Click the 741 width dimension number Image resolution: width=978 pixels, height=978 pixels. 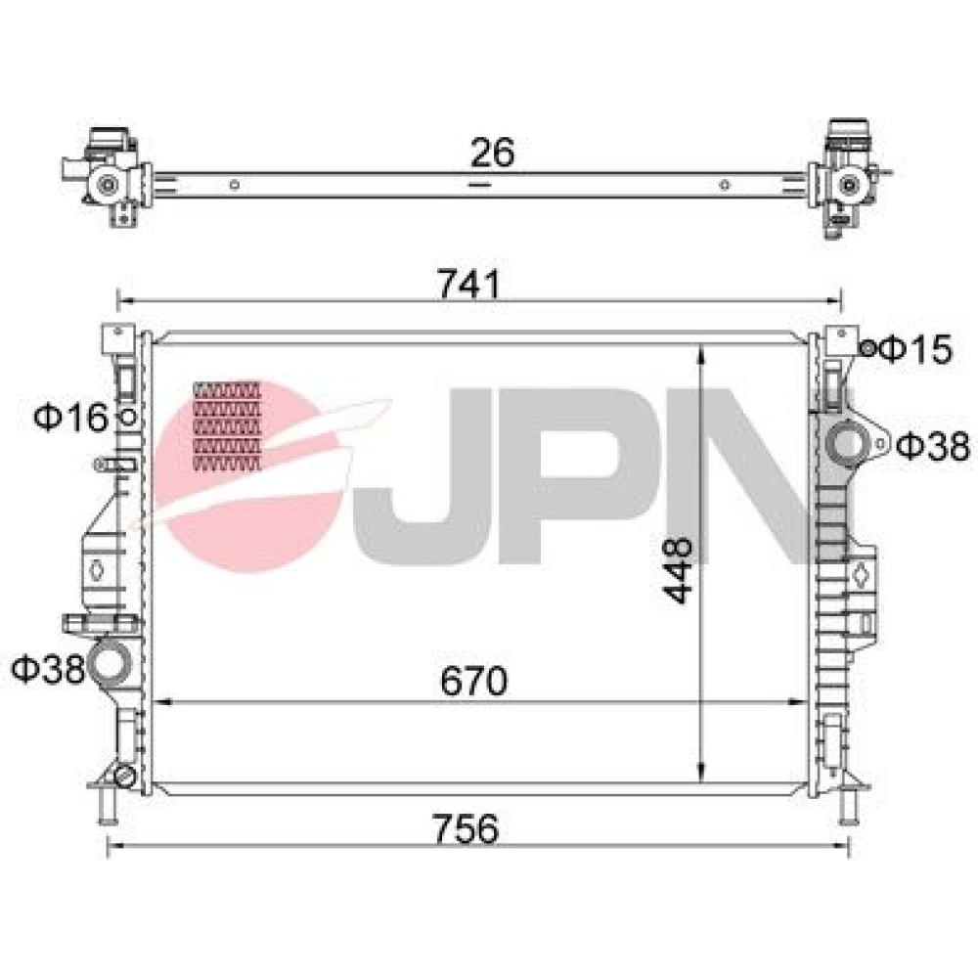click(x=468, y=284)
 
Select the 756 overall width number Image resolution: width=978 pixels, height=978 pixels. click(x=466, y=829)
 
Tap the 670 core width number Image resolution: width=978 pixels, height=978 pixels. click(x=474, y=681)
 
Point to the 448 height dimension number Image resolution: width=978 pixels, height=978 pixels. click(x=678, y=570)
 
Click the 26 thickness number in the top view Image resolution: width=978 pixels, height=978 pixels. click(x=492, y=153)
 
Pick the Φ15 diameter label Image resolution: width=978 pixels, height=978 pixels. click(x=915, y=349)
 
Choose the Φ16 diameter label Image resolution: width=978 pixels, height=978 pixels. click(x=71, y=418)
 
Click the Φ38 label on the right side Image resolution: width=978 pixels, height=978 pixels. click(x=933, y=446)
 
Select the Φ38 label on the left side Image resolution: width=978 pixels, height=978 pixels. click(x=48, y=669)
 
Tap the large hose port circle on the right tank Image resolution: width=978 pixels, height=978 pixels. click(x=846, y=443)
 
